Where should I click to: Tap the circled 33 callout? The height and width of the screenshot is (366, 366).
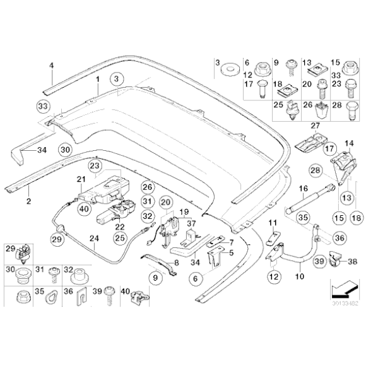[43, 105]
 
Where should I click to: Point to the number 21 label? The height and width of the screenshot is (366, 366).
[81, 180]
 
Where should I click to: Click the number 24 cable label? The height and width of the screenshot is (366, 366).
[94, 239]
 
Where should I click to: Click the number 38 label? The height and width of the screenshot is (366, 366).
[352, 259]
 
